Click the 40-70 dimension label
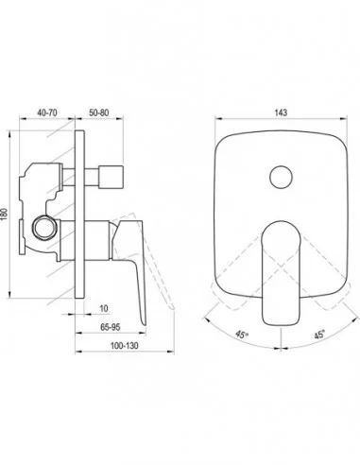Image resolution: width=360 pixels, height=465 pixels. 47,112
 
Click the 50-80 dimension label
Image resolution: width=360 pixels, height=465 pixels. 99,112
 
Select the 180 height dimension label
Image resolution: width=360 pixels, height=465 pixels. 5,215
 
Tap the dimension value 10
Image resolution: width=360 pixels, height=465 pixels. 104,308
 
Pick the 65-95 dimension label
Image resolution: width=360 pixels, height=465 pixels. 111,327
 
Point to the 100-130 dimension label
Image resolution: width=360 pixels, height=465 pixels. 124,346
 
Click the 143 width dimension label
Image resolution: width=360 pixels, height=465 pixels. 281,112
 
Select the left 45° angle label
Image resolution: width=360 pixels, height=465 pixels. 242,335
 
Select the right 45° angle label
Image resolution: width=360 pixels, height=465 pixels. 319,335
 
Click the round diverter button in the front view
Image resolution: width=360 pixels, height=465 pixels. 282,177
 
